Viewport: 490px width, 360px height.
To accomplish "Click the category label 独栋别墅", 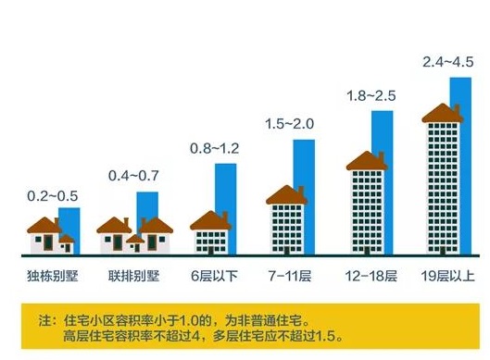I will click(x=52, y=277).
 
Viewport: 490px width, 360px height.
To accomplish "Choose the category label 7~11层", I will click(x=290, y=277).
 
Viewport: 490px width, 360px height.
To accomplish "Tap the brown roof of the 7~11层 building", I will click(x=286, y=194).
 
